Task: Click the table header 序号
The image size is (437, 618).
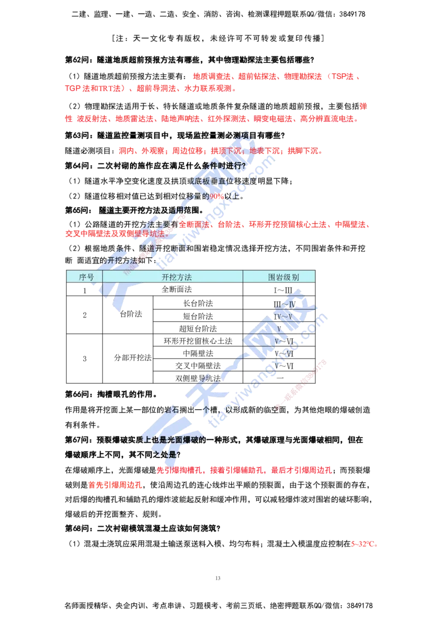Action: tap(86, 277)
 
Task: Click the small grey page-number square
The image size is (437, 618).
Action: tap(218, 577)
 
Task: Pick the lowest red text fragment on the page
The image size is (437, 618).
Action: tap(364, 544)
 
